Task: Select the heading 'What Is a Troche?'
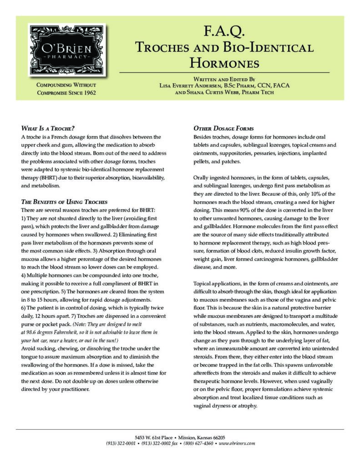pos(48,128)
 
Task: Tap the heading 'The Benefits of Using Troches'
pos(64,202)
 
